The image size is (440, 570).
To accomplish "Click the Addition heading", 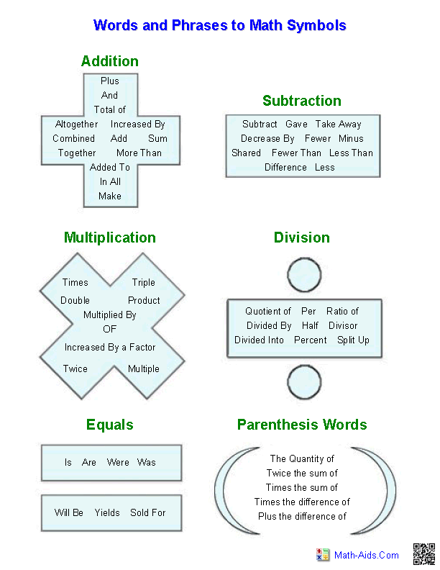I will tap(110, 61).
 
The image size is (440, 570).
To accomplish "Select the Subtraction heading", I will tap(301, 101).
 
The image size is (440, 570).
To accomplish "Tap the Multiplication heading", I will tap(109, 237).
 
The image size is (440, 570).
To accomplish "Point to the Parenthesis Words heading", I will tap(302, 425).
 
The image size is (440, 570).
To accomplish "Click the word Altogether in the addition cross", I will tap(77, 124).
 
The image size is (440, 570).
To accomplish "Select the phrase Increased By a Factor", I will tap(110, 347).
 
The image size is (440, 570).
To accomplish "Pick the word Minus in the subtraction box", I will tap(351, 138).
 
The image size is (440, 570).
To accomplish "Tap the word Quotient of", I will tap(267, 311).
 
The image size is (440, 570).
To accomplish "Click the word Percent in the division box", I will tap(311, 340).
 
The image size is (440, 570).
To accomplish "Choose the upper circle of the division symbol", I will tap(303, 275).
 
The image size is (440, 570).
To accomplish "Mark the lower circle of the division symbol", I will tap(303, 379).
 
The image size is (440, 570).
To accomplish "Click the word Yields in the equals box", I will tap(107, 512).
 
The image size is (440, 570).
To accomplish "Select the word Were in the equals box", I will tap(118, 462).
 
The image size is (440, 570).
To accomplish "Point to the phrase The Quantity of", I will tap(302, 458).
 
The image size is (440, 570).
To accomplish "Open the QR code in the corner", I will tap(423, 554).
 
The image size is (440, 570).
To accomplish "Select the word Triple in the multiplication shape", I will tap(143, 282).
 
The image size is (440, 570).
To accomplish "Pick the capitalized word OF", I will tap(109, 329).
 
